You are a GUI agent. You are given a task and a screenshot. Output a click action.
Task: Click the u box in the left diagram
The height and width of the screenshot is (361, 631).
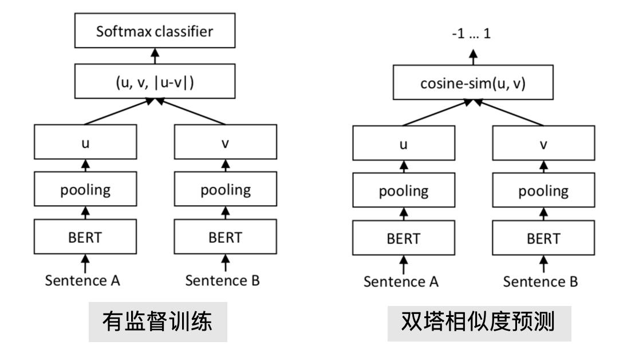click(86, 143)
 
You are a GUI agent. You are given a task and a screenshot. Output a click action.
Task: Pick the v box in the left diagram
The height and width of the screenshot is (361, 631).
click(225, 143)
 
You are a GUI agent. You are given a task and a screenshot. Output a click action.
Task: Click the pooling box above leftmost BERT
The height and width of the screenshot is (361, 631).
click(86, 190)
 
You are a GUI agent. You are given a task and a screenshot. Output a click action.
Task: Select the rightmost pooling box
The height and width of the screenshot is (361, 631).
click(543, 190)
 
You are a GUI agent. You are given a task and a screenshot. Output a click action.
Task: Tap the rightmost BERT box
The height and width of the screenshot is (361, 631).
click(543, 237)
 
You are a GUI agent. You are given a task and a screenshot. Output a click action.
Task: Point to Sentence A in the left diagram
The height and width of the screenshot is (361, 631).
click(86, 281)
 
